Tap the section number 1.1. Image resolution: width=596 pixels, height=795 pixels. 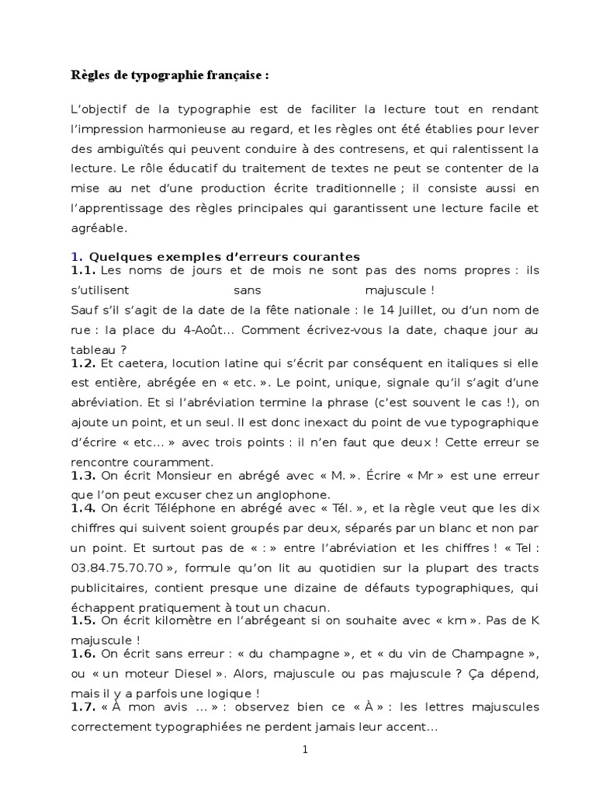(82, 269)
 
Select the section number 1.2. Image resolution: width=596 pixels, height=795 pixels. (82, 363)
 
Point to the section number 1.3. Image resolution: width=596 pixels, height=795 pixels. (82, 475)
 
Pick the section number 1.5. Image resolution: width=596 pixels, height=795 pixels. (82, 621)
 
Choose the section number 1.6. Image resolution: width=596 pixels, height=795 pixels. (82, 655)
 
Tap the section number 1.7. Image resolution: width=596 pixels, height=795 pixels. (82, 708)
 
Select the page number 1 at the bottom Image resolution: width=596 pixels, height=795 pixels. (305, 750)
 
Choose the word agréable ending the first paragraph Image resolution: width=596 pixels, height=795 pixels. (100, 229)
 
